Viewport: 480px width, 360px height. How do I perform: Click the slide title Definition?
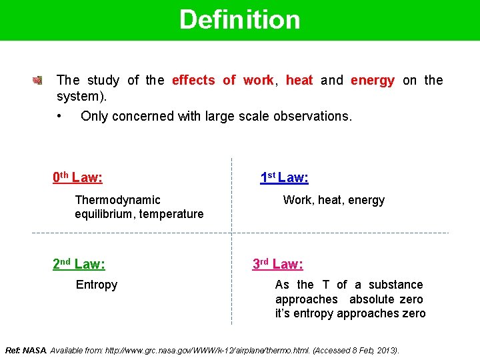pyautogui.click(x=239, y=20)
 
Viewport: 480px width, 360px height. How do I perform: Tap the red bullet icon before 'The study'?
pyautogui.click(x=37, y=81)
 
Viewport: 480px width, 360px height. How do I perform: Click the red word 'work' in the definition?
pyautogui.click(x=258, y=81)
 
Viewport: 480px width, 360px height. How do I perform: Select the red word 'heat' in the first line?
pyautogui.click(x=299, y=81)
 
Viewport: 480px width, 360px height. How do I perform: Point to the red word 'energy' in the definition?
pyautogui.click(x=372, y=81)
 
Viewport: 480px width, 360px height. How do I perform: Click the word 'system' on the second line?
pyautogui.click(x=78, y=96)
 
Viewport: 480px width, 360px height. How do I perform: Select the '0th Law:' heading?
pyautogui.click(x=77, y=177)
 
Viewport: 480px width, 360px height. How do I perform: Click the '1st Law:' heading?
pyautogui.click(x=284, y=177)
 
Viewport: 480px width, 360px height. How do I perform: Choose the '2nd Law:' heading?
pyautogui.click(x=79, y=264)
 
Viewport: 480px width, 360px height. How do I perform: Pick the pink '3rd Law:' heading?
pyautogui.click(x=277, y=264)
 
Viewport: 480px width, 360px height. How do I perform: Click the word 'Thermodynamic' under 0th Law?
pyautogui.click(x=118, y=200)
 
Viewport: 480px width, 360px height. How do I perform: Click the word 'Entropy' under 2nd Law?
pyautogui.click(x=97, y=285)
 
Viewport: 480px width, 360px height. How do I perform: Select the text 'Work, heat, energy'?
pyautogui.click(x=333, y=200)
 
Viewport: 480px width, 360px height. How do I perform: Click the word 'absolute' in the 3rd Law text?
pyautogui.click(x=372, y=299)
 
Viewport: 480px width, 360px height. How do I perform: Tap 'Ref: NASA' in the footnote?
pyautogui.click(x=25, y=350)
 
